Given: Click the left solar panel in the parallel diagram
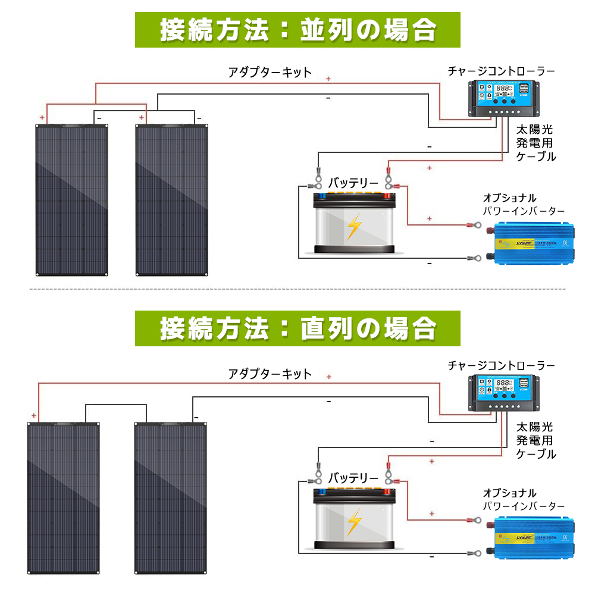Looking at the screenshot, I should coord(72,199).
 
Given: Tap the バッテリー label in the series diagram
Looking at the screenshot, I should coord(353,478).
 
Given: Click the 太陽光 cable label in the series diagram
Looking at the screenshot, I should coord(534,427).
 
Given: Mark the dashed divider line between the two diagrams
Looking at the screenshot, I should coord(297,290).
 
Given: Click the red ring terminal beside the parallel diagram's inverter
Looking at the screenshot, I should coord(474,226).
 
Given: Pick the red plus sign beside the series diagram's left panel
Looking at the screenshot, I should coord(34,416).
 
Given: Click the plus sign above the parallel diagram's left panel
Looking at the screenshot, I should coord(42,118).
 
